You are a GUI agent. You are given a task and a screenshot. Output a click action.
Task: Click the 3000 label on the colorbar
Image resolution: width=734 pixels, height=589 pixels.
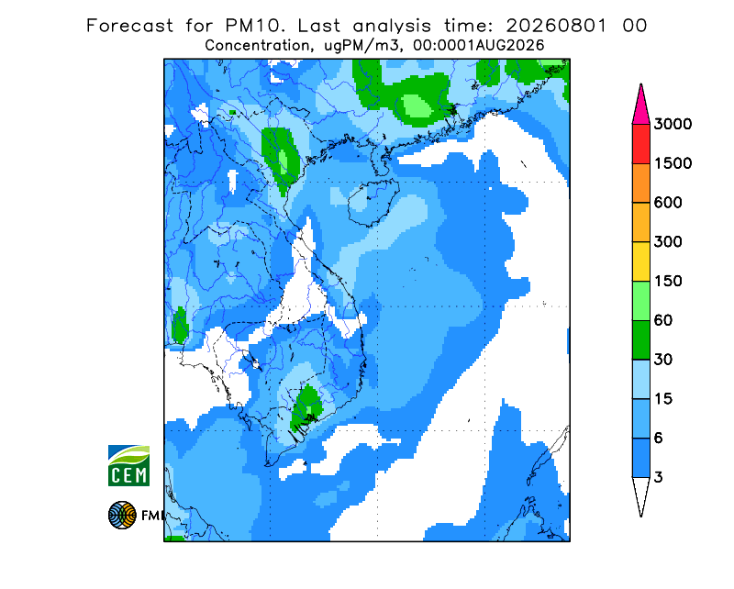pyautogui.click(x=673, y=124)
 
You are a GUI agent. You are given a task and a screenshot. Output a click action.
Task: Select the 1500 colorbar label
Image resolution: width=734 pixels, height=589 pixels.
pyautogui.click(x=673, y=163)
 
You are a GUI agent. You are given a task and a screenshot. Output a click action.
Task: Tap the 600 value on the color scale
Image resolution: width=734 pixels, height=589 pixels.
pyautogui.click(x=668, y=203)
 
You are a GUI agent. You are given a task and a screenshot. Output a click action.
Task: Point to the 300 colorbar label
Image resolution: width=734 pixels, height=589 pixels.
pyautogui.click(x=668, y=242)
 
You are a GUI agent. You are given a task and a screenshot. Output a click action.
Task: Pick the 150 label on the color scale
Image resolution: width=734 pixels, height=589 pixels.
pyautogui.click(x=668, y=282)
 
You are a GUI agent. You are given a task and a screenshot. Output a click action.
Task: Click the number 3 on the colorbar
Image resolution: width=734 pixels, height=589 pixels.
pyautogui.click(x=658, y=478)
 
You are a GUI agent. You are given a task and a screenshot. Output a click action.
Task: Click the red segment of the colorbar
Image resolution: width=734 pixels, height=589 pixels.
pyautogui.click(x=640, y=144)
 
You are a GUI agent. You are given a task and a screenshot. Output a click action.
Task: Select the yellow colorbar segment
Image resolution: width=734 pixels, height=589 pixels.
pyautogui.click(x=640, y=261)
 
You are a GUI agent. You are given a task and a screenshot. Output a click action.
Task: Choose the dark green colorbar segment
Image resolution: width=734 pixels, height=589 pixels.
pyautogui.click(x=640, y=340)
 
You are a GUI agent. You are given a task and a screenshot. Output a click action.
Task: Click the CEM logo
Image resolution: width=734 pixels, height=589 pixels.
pyautogui.click(x=128, y=465)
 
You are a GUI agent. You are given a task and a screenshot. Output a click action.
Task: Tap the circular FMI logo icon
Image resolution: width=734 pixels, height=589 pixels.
pyautogui.click(x=122, y=515)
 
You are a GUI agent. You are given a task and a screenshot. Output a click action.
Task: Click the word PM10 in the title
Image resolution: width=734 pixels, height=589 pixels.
pyautogui.click(x=255, y=26)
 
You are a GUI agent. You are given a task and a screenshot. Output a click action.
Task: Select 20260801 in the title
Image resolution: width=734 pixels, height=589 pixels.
pyautogui.click(x=557, y=26)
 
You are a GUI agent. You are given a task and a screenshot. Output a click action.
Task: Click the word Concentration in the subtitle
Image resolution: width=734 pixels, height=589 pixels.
pyautogui.click(x=257, y=46)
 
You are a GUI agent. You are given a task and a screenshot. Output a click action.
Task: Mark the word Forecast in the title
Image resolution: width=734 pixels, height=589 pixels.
pyautogui.click(x=129, y=26)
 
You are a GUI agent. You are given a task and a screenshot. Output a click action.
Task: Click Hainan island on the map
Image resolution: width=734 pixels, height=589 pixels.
pyautogui.click(x=373, y=202)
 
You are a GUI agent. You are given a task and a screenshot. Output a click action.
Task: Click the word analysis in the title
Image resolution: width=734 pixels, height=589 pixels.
pyautogui.click(x=392, y=27)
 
